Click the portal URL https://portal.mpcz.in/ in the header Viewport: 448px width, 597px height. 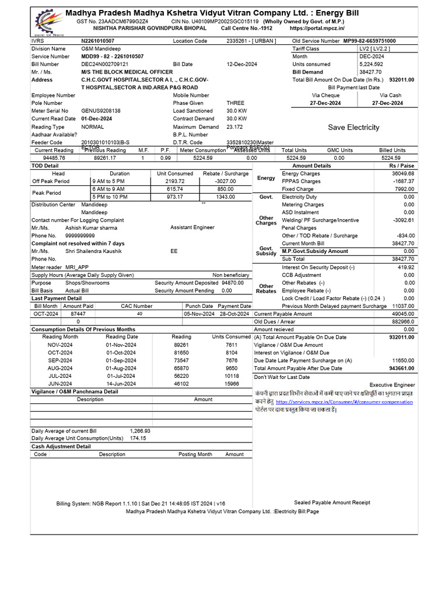(316, 28)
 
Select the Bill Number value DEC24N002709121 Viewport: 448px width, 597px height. (104, 64)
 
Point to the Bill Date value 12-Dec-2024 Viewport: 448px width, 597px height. (238, 64)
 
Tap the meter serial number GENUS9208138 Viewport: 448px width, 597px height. (101, 111)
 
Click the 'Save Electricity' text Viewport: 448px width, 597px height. (353, 127)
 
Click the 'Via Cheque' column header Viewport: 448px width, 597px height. (325, 95)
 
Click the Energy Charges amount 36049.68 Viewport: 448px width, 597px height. (402, 174)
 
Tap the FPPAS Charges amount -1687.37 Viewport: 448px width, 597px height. (403, 181)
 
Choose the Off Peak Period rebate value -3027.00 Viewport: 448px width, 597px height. (225, 181)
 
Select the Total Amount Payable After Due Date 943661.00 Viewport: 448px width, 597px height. (401, 368)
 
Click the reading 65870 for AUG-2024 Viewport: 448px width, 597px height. (181, 368)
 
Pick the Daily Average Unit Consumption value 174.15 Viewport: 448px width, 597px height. (138, 438)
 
